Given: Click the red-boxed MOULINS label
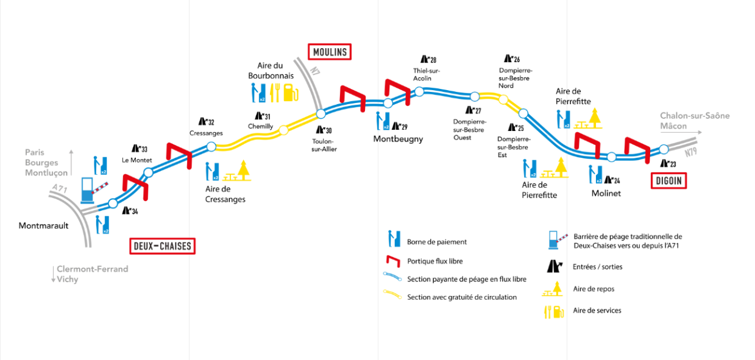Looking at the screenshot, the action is pos(330,52).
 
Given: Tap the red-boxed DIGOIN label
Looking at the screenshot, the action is pos(668,181).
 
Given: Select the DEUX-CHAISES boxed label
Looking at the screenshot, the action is pos(163,246).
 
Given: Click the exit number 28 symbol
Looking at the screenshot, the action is pos(428,59).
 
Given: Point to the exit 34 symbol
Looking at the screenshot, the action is pos(130,211).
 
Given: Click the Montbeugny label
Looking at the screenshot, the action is pos(398,139).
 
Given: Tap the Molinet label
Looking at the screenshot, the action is pos(606,193).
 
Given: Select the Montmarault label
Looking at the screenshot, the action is pos(43,225).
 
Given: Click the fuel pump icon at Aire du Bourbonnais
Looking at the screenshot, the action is pos(291,93).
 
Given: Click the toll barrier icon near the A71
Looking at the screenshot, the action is pos(93,191).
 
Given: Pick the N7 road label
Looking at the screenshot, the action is pos(315,71).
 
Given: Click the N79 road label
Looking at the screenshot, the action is pos(690,152).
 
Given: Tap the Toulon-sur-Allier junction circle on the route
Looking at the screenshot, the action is pos(321,114).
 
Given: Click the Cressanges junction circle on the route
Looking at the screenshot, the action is pos(211,147).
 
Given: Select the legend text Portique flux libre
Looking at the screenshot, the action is pos(435,261).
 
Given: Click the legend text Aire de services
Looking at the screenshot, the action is pos(597,311).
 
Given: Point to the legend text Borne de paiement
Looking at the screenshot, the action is pos(437,242).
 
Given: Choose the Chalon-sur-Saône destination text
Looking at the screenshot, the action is pos(695,116).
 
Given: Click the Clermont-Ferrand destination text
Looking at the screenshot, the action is pos(93,269).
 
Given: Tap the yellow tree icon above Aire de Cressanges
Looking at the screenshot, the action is pos(243,169).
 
